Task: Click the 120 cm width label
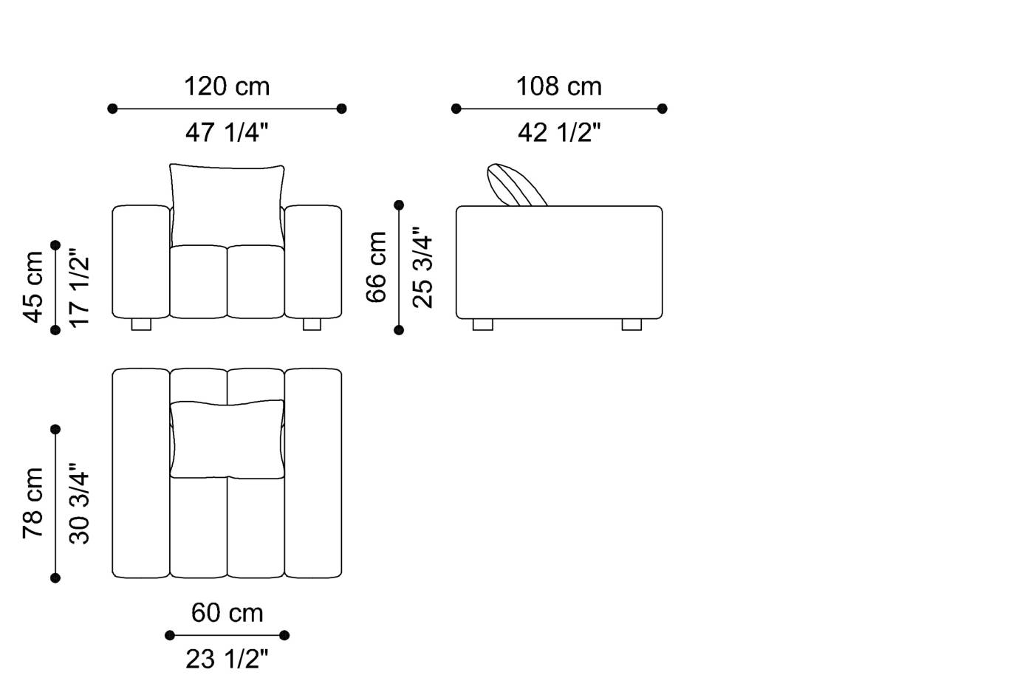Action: click(x=226, y=86)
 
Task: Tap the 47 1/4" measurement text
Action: click(x=226, y=133)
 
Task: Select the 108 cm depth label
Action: click(x=558, y=86)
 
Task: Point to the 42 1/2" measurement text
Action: click(x=558, y=133)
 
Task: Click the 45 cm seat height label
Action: click(x=34, y=287)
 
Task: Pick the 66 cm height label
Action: click(x=377, y=267)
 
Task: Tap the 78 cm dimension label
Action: click(x=34, y=503)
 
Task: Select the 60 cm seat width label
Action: click(x=227, y=613)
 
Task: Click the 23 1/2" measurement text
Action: click(x=227, y=659)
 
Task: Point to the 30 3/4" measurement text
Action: click(x=79, y=503)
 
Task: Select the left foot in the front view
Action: click(x=141, y=324)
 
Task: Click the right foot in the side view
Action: click(x=631, y=324)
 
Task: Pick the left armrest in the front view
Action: click(x=140, y=261)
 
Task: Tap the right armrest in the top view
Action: click(x=313, y=473)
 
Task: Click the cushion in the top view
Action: click(x=227, y=439)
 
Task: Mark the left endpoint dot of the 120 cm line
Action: click(x=112, y=109)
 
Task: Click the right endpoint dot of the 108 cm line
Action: click(x=662, y=109)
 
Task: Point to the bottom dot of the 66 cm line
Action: click(x=399, y=330)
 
